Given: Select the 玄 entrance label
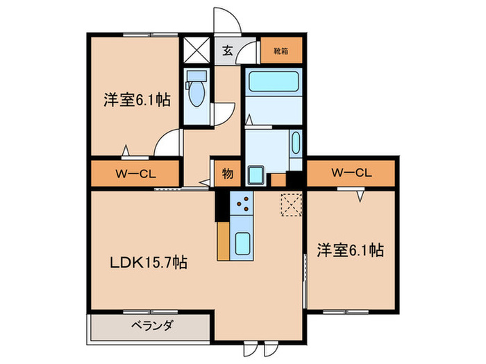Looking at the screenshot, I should point(228,49).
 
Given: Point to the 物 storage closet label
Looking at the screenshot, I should point(227,174).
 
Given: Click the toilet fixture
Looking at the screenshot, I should point(196,90).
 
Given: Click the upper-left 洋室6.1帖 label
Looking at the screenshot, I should point(135,100).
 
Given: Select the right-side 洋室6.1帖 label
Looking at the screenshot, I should point(351,250).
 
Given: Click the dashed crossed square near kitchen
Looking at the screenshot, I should point(289,205).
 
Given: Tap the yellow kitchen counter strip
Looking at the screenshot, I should point(223,241).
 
